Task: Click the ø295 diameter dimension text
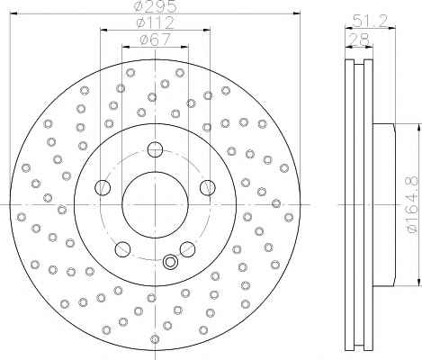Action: [x=157, y=6]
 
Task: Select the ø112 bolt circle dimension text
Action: [x=155, y=22]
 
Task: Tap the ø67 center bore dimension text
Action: [x=155, y=40]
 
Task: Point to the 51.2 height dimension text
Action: [x=370, y=21]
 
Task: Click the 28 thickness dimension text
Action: [x=359, y=39]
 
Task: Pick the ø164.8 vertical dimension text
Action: [x=411, y=204]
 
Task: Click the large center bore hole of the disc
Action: [x=155, y=204]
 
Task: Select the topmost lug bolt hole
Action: [x=155, y=149]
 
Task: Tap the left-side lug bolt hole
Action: [x=103, y=188]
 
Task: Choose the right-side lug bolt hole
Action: [x=208, y=187]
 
